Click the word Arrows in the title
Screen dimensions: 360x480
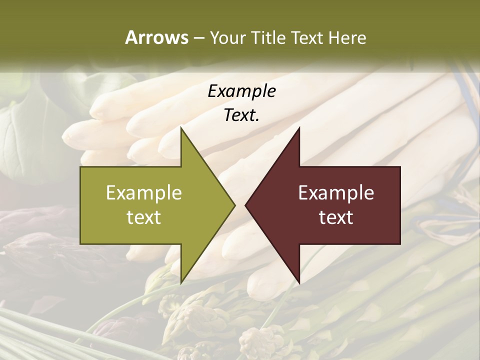click(156, 37)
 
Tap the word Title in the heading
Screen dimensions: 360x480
click(270, 37)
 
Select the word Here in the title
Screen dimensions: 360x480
click(347, 37)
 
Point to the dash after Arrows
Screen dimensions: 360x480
click(198, 38)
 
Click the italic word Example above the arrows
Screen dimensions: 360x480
click(241, 91)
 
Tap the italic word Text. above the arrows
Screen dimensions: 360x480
click(241, 115)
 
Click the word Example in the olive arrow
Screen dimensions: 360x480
click(144, 192)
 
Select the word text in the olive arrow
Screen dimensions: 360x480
click(144, 217)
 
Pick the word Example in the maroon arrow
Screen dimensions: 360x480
click(336, 192)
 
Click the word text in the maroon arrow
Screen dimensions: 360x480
click(336, 217)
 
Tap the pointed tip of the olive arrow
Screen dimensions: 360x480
click(235, 205)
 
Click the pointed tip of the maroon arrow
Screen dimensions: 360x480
click(245, 205)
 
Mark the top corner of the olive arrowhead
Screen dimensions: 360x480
click(181, 127)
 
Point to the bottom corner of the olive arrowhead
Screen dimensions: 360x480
click(181, 283)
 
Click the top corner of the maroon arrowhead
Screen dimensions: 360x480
click(299, 127)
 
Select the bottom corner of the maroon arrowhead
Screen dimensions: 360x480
click(299, 283)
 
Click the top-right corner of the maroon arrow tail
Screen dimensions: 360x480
click(400, 167)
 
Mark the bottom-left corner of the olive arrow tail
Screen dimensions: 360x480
click(80, 244)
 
